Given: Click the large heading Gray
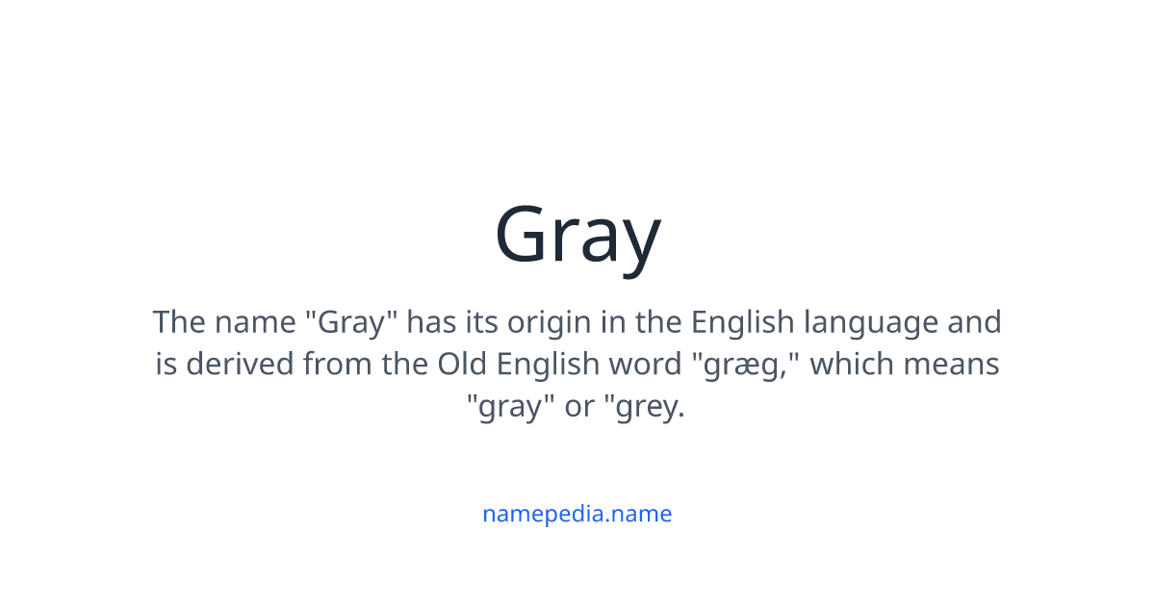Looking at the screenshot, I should point(577,236).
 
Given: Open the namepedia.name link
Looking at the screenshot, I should point(577,514).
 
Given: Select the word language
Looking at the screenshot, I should point(870,322).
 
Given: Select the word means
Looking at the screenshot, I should point(956,365).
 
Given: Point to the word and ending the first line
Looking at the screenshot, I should point(974,321).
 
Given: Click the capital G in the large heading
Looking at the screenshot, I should point(524,236).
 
